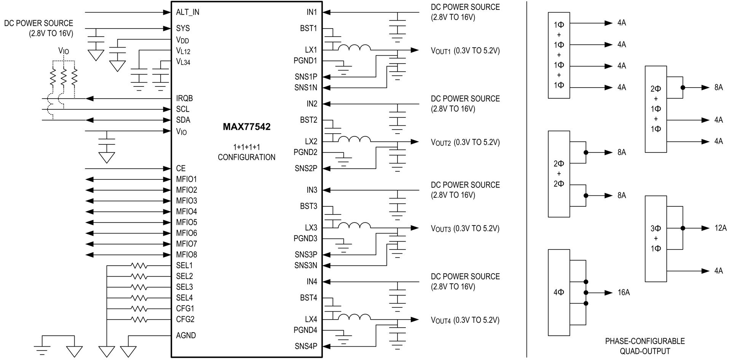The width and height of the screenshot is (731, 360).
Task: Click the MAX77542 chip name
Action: [x=247, y=127]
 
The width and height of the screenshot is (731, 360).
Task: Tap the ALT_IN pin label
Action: [x=187, y=12]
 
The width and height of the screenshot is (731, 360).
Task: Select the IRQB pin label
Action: [x=184, y=98]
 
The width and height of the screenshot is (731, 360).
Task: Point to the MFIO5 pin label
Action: [x=187, y=222]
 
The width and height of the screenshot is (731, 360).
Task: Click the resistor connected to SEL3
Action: [x=139, y=287]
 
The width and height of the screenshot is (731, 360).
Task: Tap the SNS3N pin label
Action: [x=306, y=265]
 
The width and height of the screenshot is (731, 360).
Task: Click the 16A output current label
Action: [x=624, y=293]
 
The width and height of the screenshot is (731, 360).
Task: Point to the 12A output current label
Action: [x=720, y=228]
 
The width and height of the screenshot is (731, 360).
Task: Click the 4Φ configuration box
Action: [x=559, y=293]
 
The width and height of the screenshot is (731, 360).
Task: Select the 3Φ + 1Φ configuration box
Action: [x=656, y=238]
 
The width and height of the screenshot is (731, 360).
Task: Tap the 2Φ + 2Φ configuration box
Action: [x=559, y=174]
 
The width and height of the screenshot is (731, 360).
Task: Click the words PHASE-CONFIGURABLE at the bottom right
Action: [x=645, y=341]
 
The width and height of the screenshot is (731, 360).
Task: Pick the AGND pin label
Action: [x=186, y=336]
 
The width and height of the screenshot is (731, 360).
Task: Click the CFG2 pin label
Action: [x=185, y=319]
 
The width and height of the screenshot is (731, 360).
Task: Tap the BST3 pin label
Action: [x=308, y=206]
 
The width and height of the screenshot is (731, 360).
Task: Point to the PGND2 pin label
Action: [x=305, y=152]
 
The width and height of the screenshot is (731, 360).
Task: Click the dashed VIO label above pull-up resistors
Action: [x=64, y=51]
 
